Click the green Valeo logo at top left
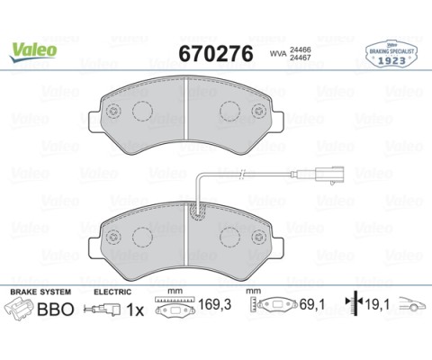pos(33,52)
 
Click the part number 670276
pos(216,54)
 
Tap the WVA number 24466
pos(300,50)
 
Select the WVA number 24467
pos(300,58)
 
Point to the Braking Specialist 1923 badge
pos(391,55)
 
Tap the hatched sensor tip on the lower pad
pos(197,211)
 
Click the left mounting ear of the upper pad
pos(94,121)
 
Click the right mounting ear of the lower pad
pos(278,247)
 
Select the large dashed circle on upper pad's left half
pos(142,112)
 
